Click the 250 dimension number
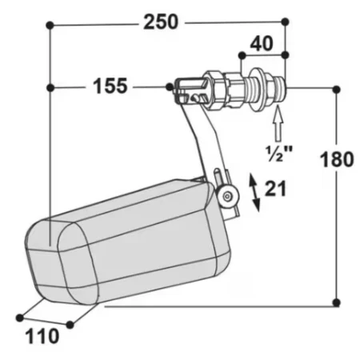(x=161, y=22)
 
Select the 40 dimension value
(x=262, y=43)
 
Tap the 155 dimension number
(x=110, y=86)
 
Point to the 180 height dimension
(x=337, y=159)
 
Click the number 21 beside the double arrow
(x=275, y=189)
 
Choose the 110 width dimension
(x=42, y=336)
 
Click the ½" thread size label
(x=279, y=154)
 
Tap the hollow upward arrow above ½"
(x=278, y=123)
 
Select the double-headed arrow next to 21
(x=254, y=192)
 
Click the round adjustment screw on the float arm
(x=227, y=197)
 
